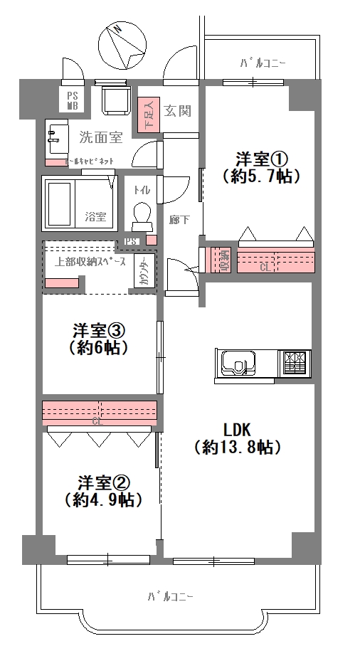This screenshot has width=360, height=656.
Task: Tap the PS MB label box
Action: pyautogui.click(x=73, y=100)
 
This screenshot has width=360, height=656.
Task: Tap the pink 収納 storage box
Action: pyautogui.click(x=223, y=261)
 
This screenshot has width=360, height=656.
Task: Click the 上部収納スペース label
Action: pyautogui.click(x=90, y=261)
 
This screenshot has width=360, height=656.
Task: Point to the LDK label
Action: pyautogui.click(x=237, y=430)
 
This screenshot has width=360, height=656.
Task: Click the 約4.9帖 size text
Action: pyautogui.click(x=100, y=499)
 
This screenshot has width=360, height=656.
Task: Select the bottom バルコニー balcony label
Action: pyautogui.click(x=171, y=596)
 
